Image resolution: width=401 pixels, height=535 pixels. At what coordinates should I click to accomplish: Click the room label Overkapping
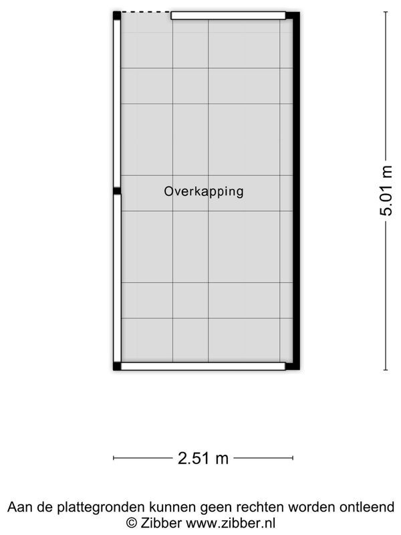click(204, 192)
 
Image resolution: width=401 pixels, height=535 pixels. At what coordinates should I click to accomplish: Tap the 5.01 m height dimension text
click(386, 191)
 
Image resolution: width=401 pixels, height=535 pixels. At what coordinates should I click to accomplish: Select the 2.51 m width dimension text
click(203, 458)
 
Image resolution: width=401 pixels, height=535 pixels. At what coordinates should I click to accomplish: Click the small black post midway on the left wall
click(117, 191)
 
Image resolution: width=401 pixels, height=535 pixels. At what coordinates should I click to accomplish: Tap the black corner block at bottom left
click(117, 366)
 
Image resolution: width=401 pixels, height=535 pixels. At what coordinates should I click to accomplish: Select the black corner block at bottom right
click(292, 366)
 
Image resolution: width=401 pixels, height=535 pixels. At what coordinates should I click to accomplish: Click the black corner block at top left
click(117, 15)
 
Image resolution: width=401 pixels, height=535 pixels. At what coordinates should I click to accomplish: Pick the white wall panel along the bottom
click(203, 366)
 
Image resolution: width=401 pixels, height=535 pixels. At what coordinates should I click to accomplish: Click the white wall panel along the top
click(228, 15)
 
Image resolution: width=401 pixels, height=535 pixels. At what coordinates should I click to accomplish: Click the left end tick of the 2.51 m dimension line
click(114, 458)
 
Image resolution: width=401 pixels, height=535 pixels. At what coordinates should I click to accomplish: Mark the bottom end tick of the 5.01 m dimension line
click(386, 369)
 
